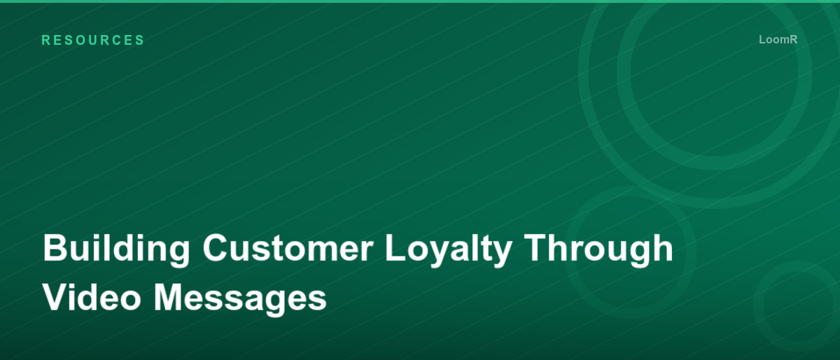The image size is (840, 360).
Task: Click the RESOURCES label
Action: pyautogui.click(x=93, y=41)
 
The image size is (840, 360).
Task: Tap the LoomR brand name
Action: pyautogui.click(x=778, y=40)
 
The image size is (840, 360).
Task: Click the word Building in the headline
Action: pyautogui.click(x=117, y=249)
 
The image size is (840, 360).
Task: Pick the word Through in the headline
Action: pyautogui.click(x=598, y=249)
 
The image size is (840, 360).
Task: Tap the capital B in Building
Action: pyautogui.click(x=55, y=249)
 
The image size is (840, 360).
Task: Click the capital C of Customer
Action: pyautogui.click(x=216, y=249)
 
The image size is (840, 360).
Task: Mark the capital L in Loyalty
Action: pyautogui.click(x=395, y=249)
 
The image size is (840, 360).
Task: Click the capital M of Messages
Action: pyautogui.click(x=171, y=297)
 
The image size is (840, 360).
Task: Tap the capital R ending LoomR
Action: pyautogui.click(x=793, y=40)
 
